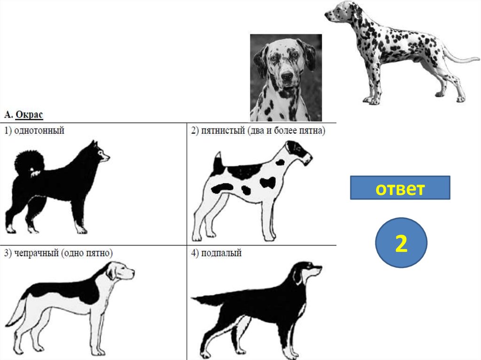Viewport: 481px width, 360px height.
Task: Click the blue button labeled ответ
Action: (400, 188)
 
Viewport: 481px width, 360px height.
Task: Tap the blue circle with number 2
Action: (401, 243)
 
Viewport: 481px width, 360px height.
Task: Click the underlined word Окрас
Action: (29, 115)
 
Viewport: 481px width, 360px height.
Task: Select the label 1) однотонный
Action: (34, 130)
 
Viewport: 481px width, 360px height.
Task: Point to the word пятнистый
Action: (223, 130)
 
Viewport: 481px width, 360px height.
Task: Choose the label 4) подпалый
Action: (216, 253)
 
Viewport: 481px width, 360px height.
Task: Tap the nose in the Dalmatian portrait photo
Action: (287, 77)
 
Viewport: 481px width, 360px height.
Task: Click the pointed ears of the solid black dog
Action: (94, 145)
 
